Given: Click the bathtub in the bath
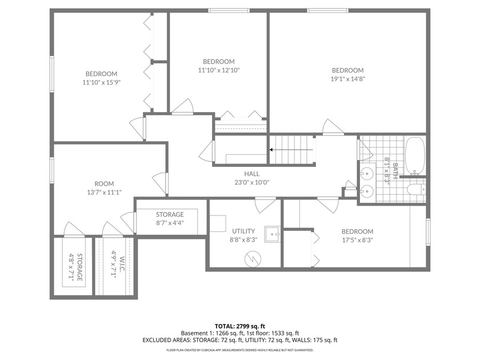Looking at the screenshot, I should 415,156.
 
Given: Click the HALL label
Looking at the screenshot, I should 251,174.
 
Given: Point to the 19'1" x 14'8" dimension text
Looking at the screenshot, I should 347,79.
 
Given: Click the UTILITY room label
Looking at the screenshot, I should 243,231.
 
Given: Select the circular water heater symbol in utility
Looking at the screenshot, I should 252,259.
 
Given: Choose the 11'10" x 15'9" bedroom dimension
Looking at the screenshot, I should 102,82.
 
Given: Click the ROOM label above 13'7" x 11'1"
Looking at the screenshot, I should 104,183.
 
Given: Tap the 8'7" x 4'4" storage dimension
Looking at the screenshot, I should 169,223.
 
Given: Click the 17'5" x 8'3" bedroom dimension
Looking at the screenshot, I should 357,240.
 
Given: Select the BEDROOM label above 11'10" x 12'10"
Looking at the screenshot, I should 218,62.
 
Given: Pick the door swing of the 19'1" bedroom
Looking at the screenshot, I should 331,127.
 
